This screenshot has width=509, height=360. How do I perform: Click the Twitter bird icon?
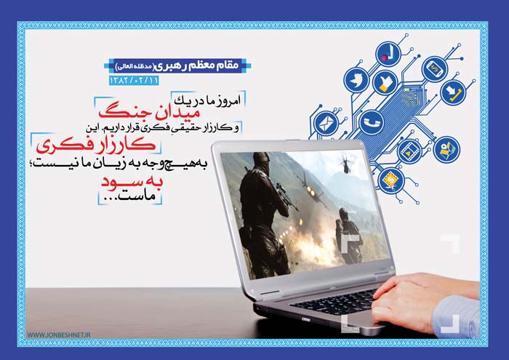[356, 80]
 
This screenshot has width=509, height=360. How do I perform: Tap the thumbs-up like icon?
[385, 82]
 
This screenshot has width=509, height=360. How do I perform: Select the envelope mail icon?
[327, 124]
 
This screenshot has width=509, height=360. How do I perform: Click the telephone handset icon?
[372, 122]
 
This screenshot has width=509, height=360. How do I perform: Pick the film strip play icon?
[409, 151]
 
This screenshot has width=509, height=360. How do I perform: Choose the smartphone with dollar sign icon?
[435, 69]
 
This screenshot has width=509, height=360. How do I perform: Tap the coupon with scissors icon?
[391, 180]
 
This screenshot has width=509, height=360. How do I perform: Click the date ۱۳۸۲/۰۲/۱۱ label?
[134, 81]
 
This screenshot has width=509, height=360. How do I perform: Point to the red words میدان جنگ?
[149, 112]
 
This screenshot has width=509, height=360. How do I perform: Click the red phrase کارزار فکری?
[96, 145]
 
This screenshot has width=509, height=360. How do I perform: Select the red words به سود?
[132, 181]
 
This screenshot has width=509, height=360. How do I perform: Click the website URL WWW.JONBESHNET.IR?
[59, 335]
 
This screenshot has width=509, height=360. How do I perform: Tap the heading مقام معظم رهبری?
[195, 65]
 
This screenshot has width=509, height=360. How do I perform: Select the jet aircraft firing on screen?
[310, 189]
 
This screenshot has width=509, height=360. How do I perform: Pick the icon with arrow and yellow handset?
[453, 92]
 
